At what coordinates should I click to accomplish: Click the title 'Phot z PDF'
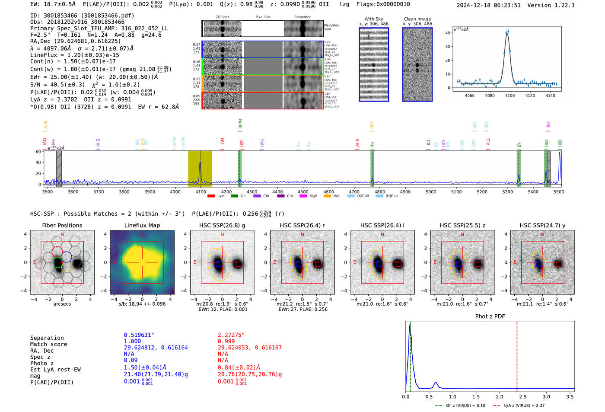click(490, 316)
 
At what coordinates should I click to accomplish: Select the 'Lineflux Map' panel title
click(142, 225)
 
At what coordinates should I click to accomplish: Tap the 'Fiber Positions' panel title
click(62, 225)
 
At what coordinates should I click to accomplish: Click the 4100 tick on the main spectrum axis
click(201, 192)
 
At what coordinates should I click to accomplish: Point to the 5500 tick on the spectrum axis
click(559, 192)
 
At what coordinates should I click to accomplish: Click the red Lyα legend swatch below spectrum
click(211, 196)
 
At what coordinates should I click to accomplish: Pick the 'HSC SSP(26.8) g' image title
click(222, 225)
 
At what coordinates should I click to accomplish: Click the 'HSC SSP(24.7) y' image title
click(542, 225)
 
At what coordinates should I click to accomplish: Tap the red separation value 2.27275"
click(231, 335)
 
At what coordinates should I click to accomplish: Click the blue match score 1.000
click(132, 341)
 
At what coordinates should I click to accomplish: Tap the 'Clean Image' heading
click(417, 19)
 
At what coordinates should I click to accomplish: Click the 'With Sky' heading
click(373, 19)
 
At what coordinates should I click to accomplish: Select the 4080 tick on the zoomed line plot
click(490, 96)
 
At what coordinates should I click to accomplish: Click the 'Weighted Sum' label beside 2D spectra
click(331, 27)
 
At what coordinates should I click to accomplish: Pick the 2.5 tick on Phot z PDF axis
click(523, 396)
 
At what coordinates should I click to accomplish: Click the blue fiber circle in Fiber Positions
click(67, 257)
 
